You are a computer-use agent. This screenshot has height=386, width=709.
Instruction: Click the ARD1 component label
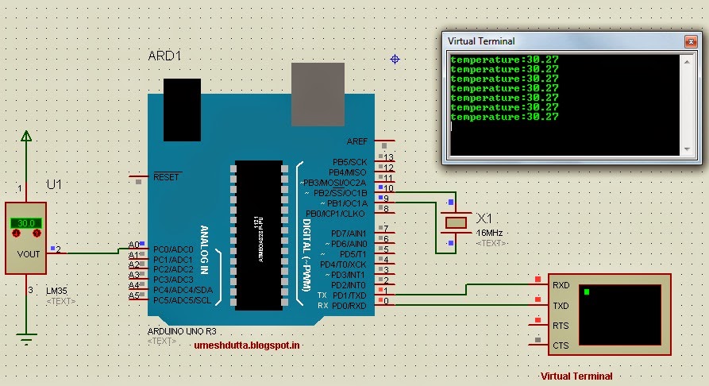165,56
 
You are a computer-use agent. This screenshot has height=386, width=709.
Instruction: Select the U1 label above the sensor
54,184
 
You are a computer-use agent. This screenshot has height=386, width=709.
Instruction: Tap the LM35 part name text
57,291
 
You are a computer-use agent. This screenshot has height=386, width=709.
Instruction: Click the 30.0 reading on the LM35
26,223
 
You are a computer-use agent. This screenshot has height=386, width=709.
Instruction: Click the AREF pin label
357,141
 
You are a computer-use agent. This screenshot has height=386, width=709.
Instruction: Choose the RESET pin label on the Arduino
167,177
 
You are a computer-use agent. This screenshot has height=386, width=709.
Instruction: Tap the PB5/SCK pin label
349,162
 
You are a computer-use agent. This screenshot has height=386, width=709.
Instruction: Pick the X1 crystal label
484,218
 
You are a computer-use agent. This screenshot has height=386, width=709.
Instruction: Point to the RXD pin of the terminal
561,284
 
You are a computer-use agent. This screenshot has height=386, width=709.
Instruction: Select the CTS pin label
561,345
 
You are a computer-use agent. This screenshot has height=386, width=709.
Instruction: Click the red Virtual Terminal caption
576,376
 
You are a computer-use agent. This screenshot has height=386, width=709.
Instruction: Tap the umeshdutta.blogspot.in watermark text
247,345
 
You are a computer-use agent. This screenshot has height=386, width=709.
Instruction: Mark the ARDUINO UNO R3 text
182,330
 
